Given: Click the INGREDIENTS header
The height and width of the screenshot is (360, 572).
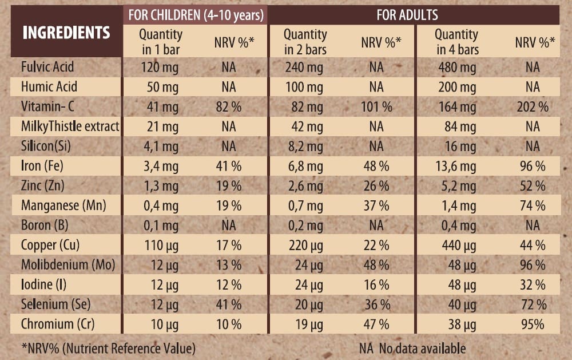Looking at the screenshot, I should (66, 33).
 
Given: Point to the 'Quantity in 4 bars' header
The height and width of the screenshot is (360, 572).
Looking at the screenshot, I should (457, 42).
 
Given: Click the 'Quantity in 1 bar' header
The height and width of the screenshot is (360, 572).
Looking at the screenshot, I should (161, 42).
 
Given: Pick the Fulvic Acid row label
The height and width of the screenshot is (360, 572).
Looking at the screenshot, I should (47, 67).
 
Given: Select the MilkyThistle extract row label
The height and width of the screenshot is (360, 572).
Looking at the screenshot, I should (70, 126).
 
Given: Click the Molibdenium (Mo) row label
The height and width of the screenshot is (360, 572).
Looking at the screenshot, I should (68, 265).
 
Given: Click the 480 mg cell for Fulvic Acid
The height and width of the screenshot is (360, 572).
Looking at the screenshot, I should (456, 67).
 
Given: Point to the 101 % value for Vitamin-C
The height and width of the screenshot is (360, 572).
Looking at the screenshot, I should (376, 107).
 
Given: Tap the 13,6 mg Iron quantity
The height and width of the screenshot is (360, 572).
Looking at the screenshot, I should (456, 167).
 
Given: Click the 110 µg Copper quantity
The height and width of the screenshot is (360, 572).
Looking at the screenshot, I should (161, 246).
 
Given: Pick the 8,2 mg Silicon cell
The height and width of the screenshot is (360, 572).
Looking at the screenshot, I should (305, 147).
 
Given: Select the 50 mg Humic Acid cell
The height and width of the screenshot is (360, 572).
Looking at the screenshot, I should (161, 87).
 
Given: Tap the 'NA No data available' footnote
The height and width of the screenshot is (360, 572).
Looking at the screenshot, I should (412, 347).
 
